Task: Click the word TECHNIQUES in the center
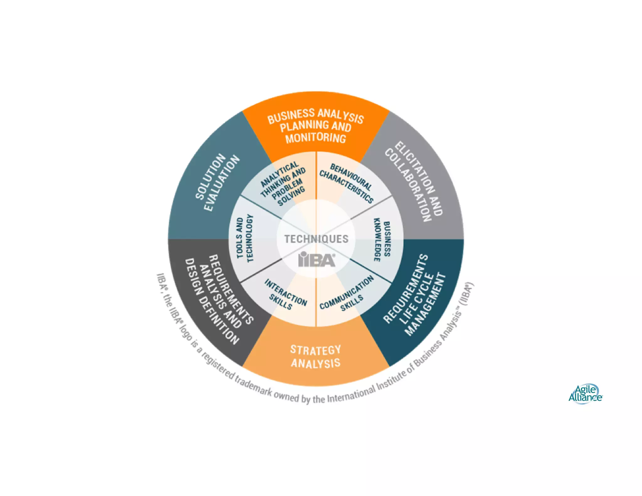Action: (x=316, y=239)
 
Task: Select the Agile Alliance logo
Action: (x=585, y=394)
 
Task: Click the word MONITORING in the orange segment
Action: (x=315, y=138)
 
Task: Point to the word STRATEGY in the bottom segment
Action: (x=315, y=350)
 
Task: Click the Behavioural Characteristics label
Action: (x=346, y=183)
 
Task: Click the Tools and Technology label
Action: (x=245, y=238)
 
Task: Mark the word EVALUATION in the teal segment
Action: (x=222, y=183)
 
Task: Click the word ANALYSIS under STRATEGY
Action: (x=315, y=363)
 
